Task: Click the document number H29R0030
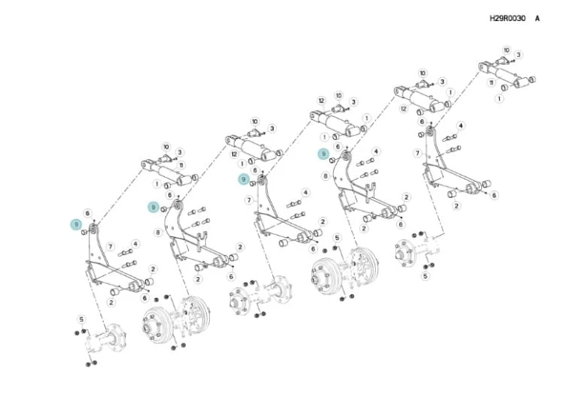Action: pos(508,18)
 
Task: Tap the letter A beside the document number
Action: pos(537,18)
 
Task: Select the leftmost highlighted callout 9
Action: pos(76,225)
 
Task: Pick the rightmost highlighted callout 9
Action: pos(324,154)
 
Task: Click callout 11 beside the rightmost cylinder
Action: pos(491,83)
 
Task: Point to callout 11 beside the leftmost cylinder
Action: pos(181,165)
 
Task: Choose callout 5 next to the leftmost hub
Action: pos(81,319)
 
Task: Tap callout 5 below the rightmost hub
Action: pos(425,276)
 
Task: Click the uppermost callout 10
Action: pos(506,51)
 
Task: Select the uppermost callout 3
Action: pos(518,55)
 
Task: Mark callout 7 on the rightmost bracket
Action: pos(417,153)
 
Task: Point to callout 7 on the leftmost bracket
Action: pos(110,246)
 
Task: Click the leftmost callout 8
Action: pos(158,232)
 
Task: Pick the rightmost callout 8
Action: pos(326,175)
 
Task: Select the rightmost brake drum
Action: pos(327,275)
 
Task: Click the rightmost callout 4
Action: pos(461,126)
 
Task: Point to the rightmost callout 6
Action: pos(495,195)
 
